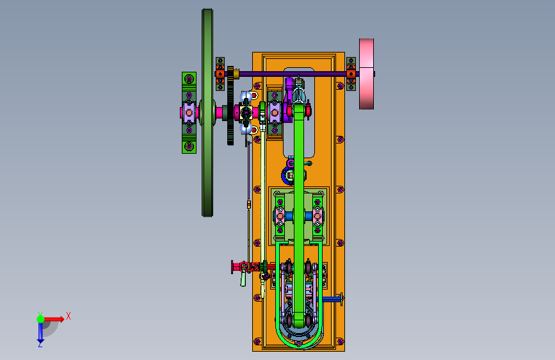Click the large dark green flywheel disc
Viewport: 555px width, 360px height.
point(207,113)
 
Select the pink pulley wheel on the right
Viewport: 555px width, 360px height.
point(366,74)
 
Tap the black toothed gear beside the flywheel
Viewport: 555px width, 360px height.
point(230,106)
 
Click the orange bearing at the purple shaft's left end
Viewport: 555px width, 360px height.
point(220,74)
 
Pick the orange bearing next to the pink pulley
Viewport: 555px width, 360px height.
point(351,74)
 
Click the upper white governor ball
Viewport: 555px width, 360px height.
point(246,96)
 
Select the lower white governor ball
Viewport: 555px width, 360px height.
point(246,128)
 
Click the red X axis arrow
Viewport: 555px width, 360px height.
point(54,319)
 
